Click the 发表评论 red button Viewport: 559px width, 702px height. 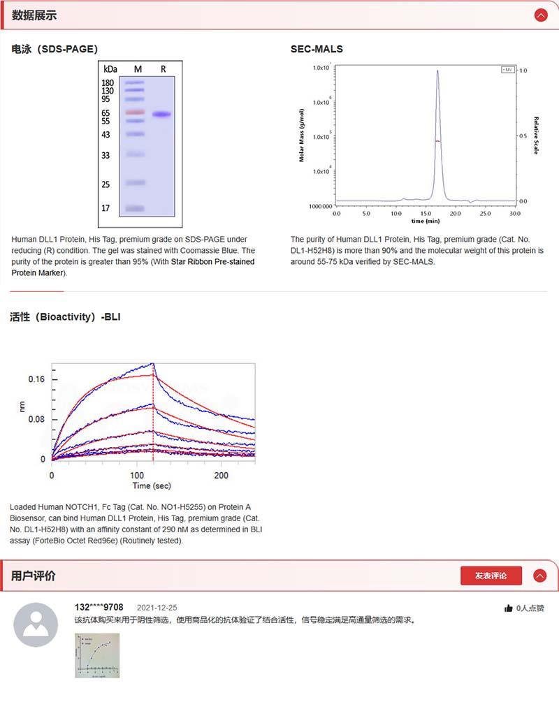click(491, 576)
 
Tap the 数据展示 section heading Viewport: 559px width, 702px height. click(34, 15)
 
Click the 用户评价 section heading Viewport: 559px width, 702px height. click(34, 576)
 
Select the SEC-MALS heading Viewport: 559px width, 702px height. click(317, 49)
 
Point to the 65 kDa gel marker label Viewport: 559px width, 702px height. click(107, 112)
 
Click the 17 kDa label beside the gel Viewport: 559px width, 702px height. click(106, 208)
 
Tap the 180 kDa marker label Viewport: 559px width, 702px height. click(108, 82)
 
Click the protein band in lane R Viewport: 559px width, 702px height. click(162, 115)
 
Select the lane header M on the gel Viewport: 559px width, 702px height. click(138, 68)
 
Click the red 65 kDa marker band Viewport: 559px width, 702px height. click(135, 112)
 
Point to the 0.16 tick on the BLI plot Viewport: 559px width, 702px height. click(36, 379)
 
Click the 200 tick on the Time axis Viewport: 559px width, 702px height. click(221, 475)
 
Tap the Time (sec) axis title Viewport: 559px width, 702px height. click(152, 485)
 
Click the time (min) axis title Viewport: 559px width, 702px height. click(426, 221)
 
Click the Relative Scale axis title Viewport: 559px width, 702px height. click(537, 136)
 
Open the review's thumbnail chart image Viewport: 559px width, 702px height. click(97, 655)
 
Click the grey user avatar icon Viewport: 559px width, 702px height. click(36, 624)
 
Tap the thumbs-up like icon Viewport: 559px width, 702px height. click(508, 608)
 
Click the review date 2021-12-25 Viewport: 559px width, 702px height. click(157, 608)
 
